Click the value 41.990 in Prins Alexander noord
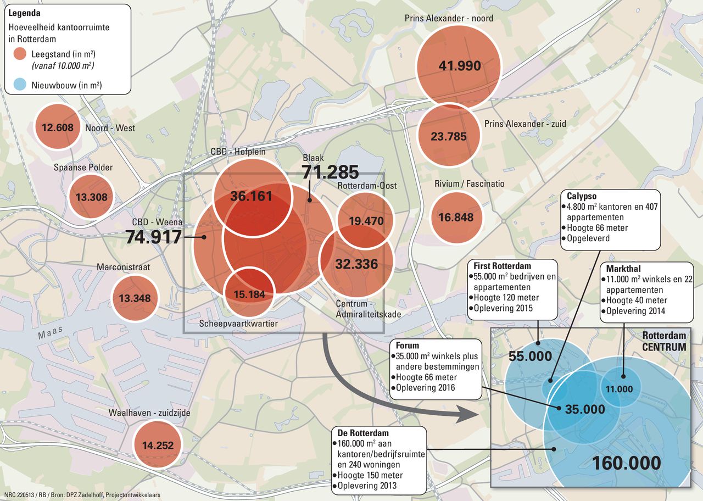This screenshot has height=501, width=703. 460,66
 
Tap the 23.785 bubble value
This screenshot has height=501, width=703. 449,136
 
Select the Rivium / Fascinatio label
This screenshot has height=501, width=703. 469,183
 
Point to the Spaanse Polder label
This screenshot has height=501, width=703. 83,167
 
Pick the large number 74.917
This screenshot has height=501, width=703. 153,237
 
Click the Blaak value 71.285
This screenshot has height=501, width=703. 330,172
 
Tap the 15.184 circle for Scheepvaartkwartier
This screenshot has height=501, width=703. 249,294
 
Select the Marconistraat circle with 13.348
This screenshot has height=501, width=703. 135,298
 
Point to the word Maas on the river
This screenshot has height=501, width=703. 50,333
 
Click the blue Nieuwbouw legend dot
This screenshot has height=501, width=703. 20,85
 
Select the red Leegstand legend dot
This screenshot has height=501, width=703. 20,54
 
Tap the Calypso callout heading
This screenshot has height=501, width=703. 582,196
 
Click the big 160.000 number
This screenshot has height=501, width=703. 626,463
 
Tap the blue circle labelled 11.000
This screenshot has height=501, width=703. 620,389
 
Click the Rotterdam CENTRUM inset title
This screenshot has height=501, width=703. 664,341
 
